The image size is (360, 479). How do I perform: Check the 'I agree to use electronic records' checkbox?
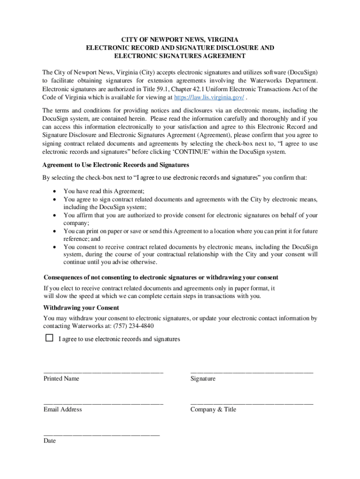point(49,338)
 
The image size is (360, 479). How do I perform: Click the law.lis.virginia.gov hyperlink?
point(209,97)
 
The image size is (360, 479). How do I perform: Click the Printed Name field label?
point(61,378)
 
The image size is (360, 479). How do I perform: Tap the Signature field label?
point(203,378)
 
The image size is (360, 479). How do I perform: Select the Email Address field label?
point(63,409)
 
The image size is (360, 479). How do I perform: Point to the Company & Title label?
point(213,409)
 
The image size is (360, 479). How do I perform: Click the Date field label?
point(50,441)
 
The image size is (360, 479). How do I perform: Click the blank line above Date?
point(101,434)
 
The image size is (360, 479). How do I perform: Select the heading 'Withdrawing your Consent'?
point(81,308)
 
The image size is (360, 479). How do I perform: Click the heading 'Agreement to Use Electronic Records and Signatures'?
point(115,165)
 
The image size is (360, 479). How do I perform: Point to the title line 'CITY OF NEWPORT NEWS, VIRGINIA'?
point(180,39)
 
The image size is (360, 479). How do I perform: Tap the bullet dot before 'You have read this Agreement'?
point(55,191)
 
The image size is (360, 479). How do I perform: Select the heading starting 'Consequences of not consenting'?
point(160,277)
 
